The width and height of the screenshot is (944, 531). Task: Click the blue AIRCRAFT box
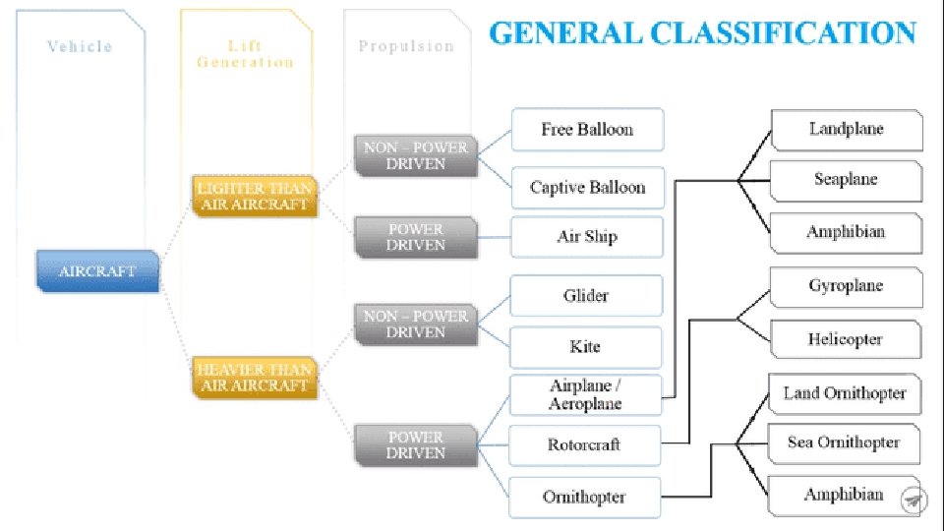click(96, 271)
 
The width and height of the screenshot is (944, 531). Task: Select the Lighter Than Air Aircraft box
click(255, 196)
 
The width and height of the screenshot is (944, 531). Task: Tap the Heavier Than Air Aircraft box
click(255, 378)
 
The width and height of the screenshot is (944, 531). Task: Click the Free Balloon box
click(587, 130)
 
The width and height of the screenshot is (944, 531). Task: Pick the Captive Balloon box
click(587, 187)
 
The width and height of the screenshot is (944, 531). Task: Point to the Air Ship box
click(587, 237)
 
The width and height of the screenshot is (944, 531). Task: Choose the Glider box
click(587, 296)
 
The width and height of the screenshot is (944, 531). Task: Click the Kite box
click(585, 347)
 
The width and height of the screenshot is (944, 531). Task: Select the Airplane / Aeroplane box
click(585, 395)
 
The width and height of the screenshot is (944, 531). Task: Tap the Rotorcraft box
click(585, 444)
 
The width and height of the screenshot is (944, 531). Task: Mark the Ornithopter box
click(585, 497)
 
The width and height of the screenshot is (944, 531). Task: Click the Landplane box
click(846, 129)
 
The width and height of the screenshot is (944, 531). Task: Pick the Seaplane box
click(846, 180)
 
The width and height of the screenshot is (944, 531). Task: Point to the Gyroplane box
click(846, 286)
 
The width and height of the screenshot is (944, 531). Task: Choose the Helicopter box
click(846, 339)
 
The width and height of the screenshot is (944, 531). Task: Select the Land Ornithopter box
click(844, 394)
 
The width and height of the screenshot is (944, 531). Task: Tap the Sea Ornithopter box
click(844, 442)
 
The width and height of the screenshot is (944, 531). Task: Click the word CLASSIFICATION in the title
click(784, 33)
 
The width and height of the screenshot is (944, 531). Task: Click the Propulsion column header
click(406, 46)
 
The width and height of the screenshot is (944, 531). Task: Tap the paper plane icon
click(914, 500)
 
